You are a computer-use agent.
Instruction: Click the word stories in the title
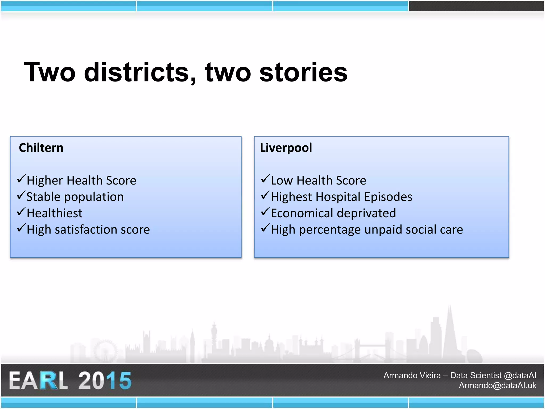coord(303,72)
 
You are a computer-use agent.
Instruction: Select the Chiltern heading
coord(41,148)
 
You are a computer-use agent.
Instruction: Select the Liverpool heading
coord(286,148)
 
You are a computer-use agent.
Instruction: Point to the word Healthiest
coord(55,213)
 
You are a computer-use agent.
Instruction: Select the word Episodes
coord(388,197)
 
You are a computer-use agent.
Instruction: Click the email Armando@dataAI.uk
coord(497,385)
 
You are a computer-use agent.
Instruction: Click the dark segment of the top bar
coord(476,6)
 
